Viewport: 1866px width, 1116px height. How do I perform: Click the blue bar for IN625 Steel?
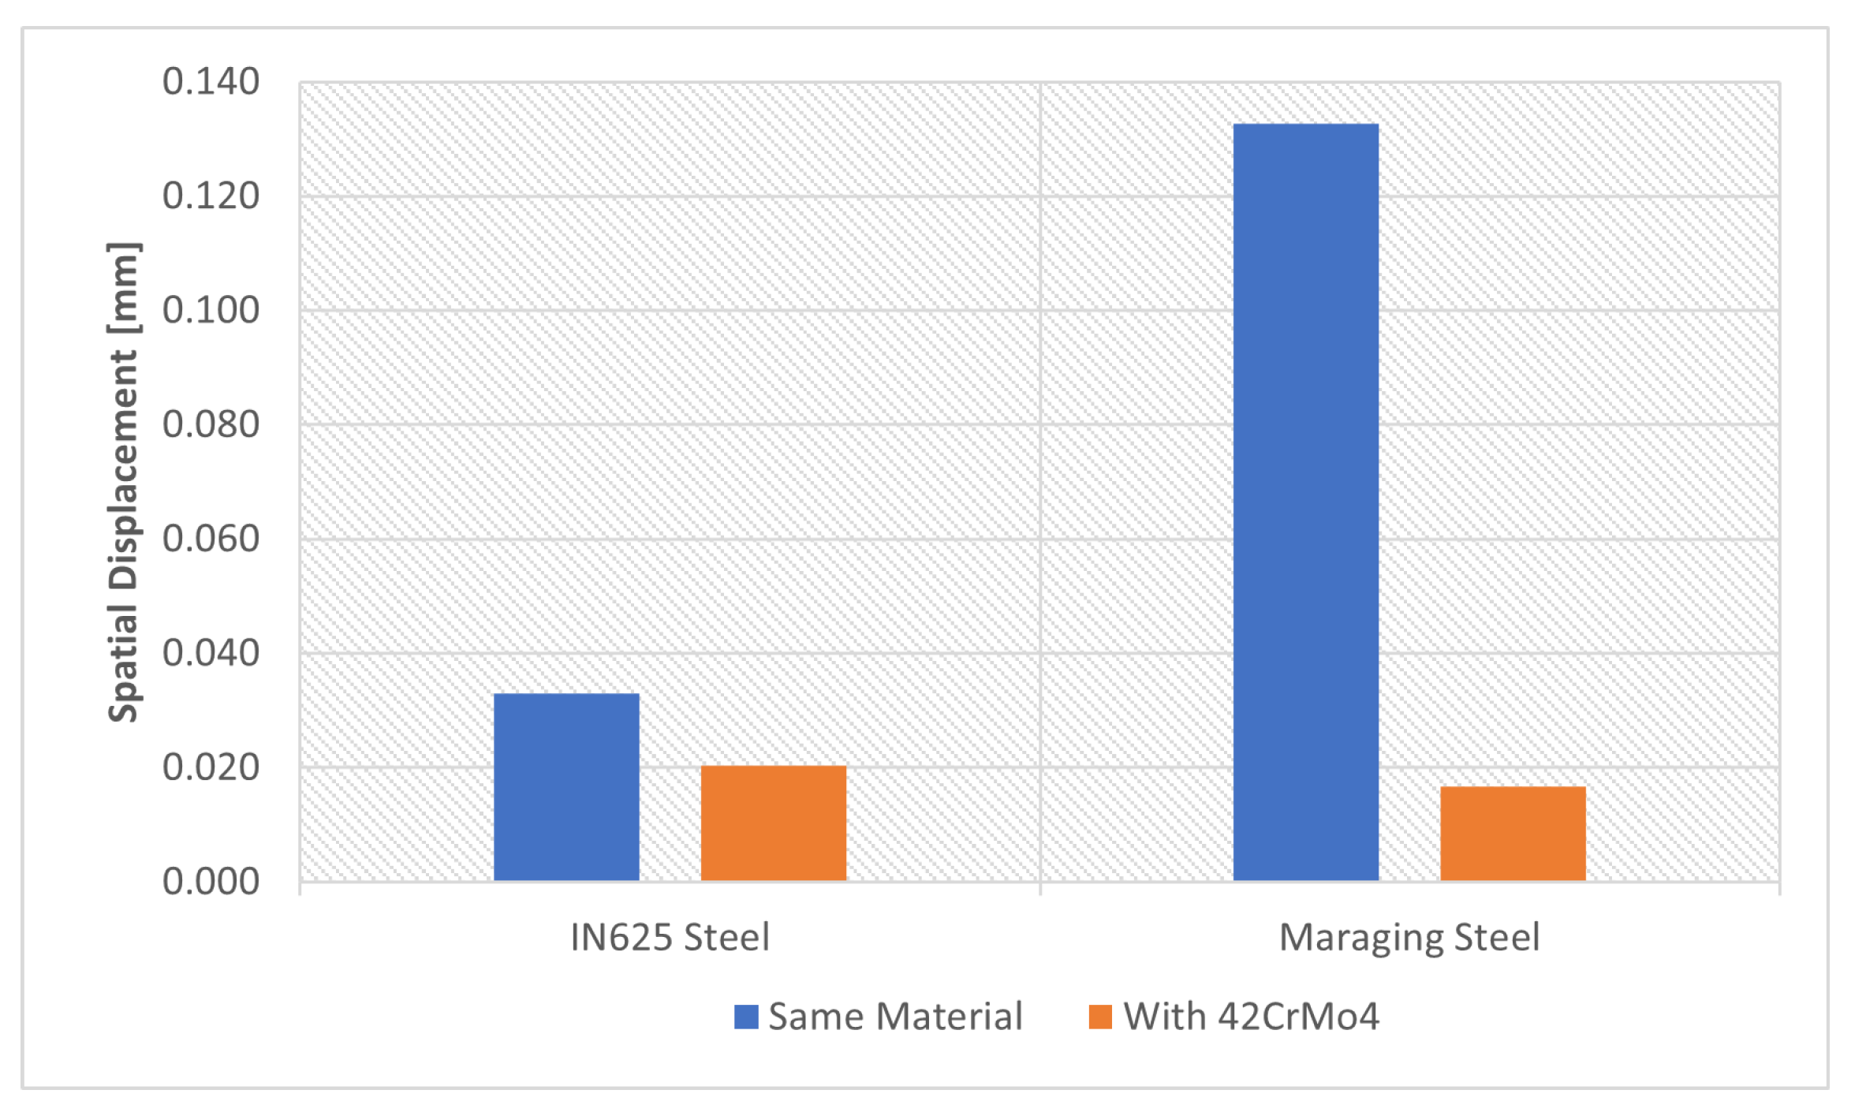[x=566, y=786]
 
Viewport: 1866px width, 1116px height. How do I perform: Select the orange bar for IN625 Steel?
[x=774, y=823]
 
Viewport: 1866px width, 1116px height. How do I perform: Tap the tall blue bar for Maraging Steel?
[x=1305, y=502]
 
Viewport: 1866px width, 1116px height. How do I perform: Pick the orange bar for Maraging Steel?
[x=1513, y=833]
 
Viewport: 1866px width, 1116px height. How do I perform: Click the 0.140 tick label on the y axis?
[x=211, y=82]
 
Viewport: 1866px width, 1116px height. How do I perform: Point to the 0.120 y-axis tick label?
[x=211, y=196]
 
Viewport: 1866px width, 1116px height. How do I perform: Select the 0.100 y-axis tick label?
[x=211, y=311]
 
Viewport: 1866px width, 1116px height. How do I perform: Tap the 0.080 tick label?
[x=211, y=425]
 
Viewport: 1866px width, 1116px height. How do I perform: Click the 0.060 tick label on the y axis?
[x=211, y=539]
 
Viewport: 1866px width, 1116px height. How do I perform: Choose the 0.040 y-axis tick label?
[x=211, y=654]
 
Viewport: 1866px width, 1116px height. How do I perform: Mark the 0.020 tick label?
[x=211, y=768]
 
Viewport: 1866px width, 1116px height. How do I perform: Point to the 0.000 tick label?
[x=211, y=882]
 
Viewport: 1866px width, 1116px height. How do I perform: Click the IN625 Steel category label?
[x=670, y=938]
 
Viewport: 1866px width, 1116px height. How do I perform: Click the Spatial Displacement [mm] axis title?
[x=125, y=482]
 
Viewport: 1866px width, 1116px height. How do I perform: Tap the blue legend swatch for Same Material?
[x=746, y=1017]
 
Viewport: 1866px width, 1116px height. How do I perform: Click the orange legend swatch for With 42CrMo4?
[x=1100, y=1017]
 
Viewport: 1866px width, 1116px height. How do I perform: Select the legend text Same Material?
[x=895, y=1017]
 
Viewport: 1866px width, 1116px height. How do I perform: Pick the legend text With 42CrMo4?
[x=1251, y=1017]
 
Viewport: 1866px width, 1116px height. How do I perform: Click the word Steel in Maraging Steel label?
[x=1496, y=938]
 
